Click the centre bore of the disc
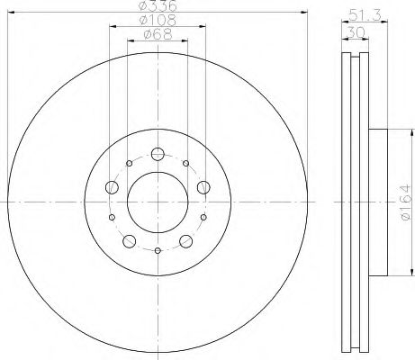157,200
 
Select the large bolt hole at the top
157,154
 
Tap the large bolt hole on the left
113,187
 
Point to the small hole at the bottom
157,250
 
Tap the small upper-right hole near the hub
185,164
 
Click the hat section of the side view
377,200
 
